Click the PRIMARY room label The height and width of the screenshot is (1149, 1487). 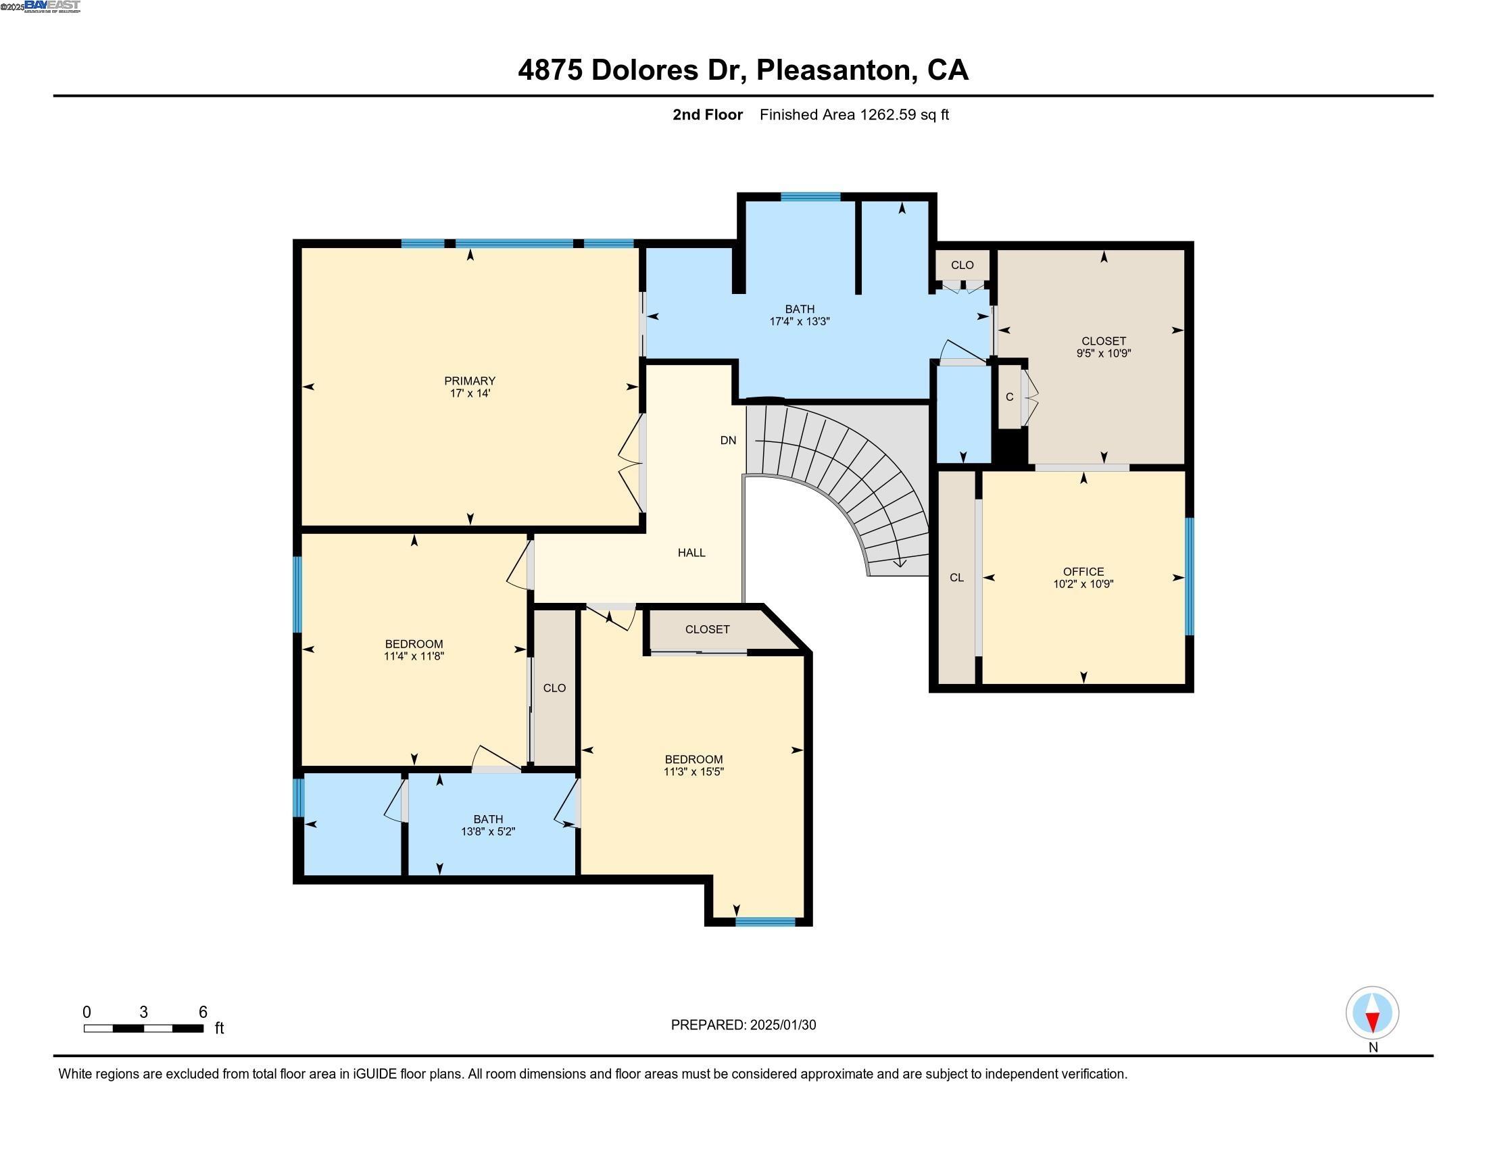pos(469,381)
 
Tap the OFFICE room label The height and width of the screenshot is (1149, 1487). pos(1083,571)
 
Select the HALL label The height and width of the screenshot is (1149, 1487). pos(691,553)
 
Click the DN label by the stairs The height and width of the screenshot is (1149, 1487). pos(728,441)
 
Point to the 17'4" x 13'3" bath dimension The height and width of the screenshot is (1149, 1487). pos(800,321)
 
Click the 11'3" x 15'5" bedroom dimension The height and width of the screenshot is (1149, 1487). pos(693,772)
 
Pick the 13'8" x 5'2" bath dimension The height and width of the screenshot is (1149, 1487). pos(488,831)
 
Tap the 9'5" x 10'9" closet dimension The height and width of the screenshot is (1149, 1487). pos(1103,353)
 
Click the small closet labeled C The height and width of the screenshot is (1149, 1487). pos(1009,397)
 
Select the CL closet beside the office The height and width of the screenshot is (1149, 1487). pos(956,577)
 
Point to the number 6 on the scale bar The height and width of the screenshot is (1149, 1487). pos(202,1012)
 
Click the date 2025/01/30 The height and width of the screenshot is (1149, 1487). pos(782,1025)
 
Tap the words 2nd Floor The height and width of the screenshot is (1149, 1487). pos(707,114)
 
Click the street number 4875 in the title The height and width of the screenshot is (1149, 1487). pos(550,70)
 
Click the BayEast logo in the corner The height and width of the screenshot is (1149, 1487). pos(52,7)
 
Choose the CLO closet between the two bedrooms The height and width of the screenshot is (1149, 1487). pos(554,687)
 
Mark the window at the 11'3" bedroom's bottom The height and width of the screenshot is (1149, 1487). pos(764,922)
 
